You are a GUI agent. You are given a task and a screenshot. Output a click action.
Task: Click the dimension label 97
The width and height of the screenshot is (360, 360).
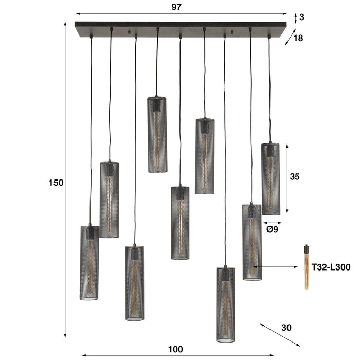coord(177,7)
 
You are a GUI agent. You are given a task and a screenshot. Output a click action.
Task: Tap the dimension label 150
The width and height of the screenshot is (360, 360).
coord(57,183)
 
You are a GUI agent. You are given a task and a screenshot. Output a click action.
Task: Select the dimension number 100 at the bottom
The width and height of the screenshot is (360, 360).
coord(175,349)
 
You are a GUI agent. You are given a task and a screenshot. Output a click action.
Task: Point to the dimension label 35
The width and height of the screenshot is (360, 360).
coord(295,176)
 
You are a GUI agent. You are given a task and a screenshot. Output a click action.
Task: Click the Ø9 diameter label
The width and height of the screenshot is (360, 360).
coord(273,230)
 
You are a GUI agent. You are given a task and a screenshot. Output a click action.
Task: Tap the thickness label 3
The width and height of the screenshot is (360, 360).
coord(302,17)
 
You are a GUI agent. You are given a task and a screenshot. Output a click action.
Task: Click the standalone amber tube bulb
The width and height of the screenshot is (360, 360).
coord(306,266)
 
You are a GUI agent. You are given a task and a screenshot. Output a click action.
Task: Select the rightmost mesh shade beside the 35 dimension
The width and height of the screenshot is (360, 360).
coord(270,178)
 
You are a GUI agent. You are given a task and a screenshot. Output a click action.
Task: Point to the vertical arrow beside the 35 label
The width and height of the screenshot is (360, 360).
coord(286,178)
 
